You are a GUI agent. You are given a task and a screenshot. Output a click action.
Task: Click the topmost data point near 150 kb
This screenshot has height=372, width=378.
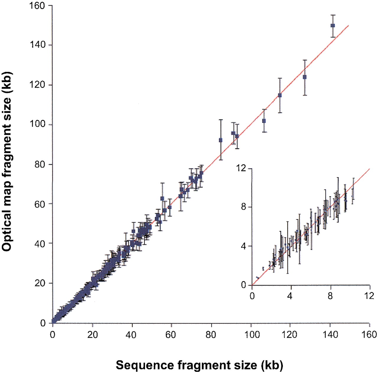pyautogui.click(x=333, y=26)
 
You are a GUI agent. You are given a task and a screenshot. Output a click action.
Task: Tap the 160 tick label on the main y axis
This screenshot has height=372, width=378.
pyautogui.click(x=38, y=6)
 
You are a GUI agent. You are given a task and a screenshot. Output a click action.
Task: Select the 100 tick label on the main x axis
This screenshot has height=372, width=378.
pyautogui.click(x=251, y=335)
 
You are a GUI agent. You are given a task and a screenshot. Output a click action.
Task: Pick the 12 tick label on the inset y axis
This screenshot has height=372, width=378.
pyautogui.click(x=241, y=168)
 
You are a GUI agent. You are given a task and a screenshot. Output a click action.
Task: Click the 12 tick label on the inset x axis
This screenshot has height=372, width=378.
pyautogui.click(x=369, y=296)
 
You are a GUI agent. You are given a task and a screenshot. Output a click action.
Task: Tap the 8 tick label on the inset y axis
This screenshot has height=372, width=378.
pyautogui.click(x=243, y=207)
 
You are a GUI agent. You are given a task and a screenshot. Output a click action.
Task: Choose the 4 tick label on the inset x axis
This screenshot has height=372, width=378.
pyautogui.click(x=290, y=296)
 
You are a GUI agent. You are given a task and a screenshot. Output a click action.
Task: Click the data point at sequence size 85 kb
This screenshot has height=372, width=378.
pyautogui.click(x=221, y=140)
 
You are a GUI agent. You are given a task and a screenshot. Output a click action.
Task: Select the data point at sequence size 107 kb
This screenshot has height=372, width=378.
pyautogui.click(x=264, y=121)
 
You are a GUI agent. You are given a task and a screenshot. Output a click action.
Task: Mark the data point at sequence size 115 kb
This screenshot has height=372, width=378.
pyautogui.click(x=280, y=95)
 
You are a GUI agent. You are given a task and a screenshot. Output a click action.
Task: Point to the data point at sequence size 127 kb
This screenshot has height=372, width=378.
pyautogui.click(x=304, y=77)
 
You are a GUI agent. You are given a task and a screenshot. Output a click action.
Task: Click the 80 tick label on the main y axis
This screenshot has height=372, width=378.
pyautogui.click(x=40, y=164)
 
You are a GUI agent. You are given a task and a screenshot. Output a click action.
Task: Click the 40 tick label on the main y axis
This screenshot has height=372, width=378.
pyautogui.click(x=40, y=244)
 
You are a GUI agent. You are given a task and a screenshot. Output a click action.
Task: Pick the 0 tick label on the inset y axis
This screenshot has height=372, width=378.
pyautogui.click(x=243, y=285)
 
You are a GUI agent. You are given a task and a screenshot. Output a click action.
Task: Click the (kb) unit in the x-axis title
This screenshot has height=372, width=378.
pyautogui.click(x=272, y=365)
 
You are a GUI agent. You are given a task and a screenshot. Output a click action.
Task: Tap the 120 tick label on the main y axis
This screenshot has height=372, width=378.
pyautogui.click(x=38, y=85)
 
